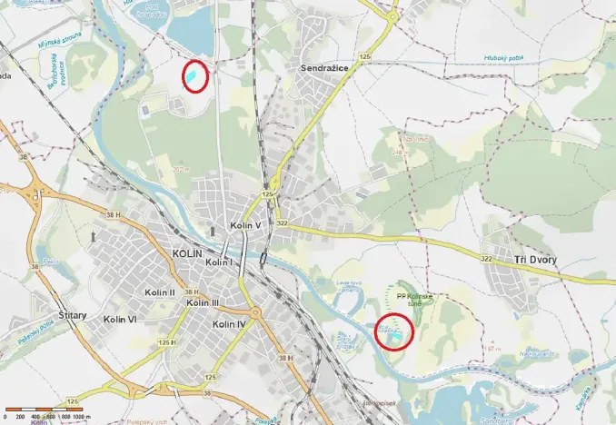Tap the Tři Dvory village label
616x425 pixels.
(x=535, y=260)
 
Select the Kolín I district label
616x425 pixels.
(x=220, y=262)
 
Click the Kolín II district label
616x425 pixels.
(x=159, y=292)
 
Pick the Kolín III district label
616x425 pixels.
(x=203, y=302)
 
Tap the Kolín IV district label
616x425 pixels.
(x=228, y=324)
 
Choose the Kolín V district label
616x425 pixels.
(x=245, y=224)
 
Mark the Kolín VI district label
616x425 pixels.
(x=120, y=320)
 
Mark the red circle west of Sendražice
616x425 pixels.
(x=195, y=75)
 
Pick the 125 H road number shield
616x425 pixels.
(x=166, y=341)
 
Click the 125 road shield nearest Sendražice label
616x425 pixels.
(x=365, y=56)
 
